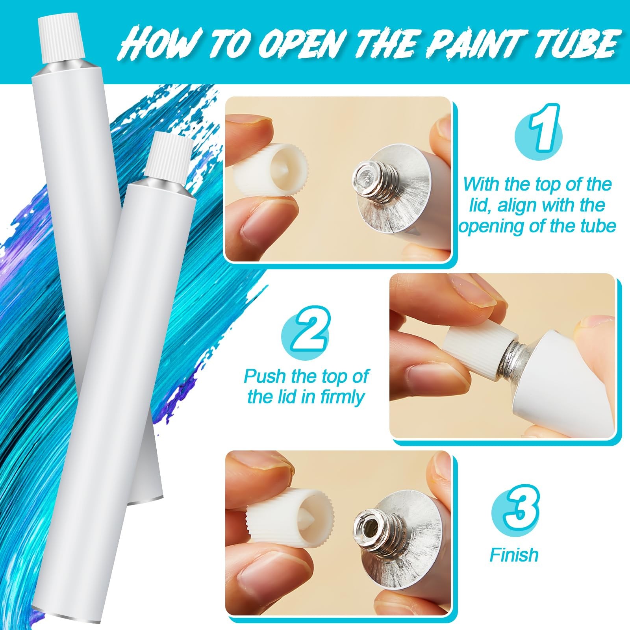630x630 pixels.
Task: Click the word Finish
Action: coord(514,555)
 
